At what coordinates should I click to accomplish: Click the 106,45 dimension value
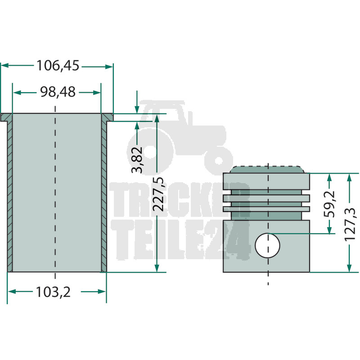coord(58,66)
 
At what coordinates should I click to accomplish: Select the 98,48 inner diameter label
coord(58,92)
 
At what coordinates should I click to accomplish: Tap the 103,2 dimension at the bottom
coord(53,292)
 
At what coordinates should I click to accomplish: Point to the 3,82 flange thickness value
coord(137,160)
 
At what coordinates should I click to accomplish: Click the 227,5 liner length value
coord(159,194)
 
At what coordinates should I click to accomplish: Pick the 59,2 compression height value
coord(329,204)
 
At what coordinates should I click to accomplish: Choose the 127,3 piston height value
coord(350,225)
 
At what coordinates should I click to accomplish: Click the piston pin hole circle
coord(267,245)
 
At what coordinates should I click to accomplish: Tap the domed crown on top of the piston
coord(267,170)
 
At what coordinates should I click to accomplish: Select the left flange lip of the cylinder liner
coord(6,117)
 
